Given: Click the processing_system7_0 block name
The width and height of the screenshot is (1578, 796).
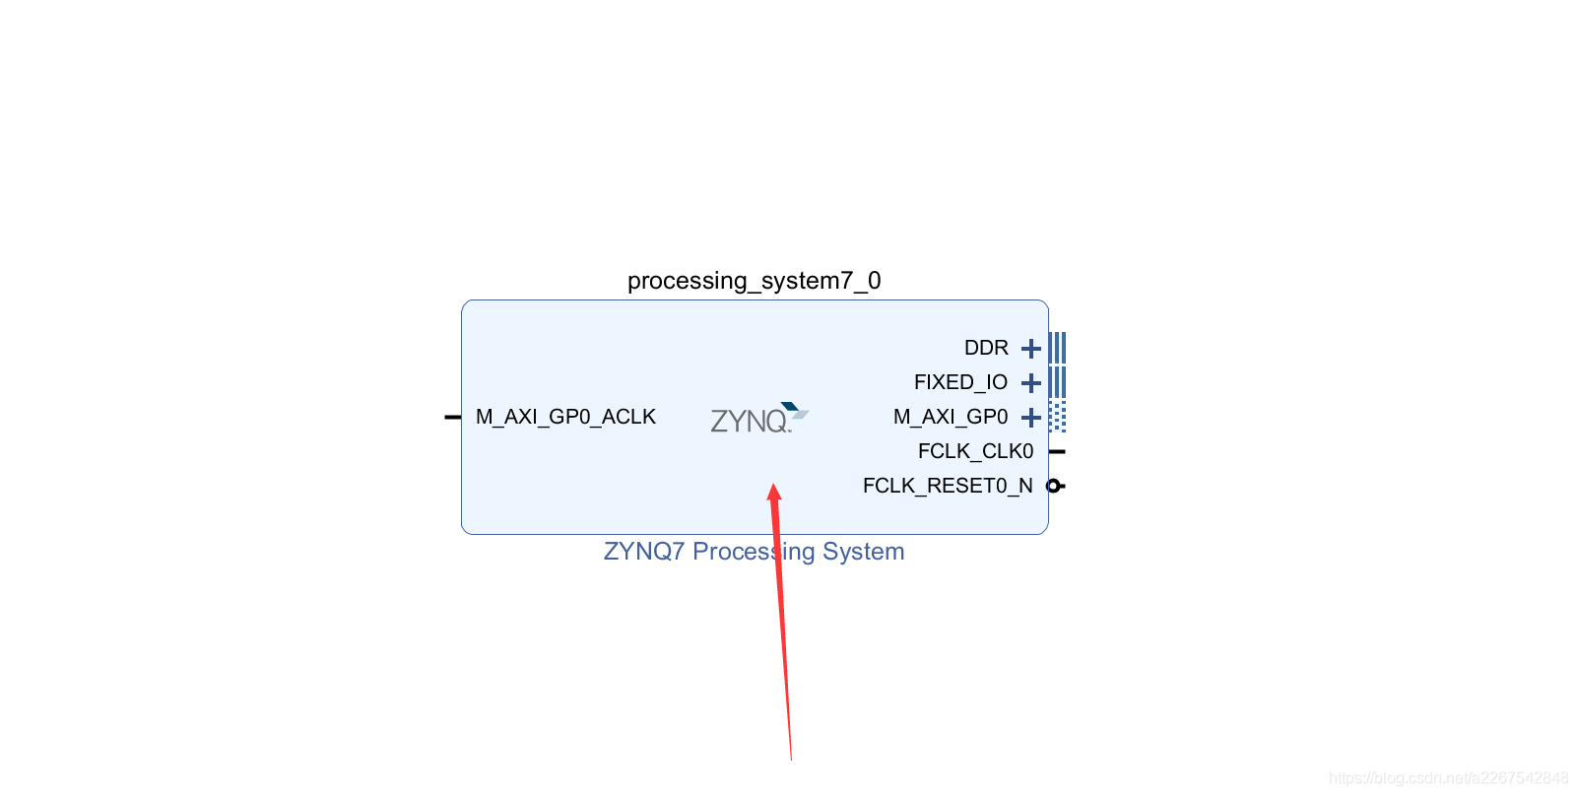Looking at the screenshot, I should pos(754,281).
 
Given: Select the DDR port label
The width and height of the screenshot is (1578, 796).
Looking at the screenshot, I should pos(986,348).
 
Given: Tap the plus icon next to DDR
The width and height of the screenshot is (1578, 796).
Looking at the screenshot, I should pos(1031,349).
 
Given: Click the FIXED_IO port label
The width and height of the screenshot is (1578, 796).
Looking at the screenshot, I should pos(960,382).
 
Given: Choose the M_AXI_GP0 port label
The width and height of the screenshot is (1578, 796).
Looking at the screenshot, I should pos(951,417).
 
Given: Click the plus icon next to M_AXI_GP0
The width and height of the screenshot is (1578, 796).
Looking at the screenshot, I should pos(1031,418).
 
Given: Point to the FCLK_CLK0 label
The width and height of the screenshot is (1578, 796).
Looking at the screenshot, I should pos(975,451).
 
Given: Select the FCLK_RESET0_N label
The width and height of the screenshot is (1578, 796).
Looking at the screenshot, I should pos(948,486).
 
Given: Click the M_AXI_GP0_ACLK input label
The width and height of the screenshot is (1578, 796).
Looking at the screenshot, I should pos(565,417).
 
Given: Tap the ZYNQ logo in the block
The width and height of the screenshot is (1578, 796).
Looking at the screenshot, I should pos(758,419).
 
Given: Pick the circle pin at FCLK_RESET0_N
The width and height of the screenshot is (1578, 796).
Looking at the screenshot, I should pos(1053,486).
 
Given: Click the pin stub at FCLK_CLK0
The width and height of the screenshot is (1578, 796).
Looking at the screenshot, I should pos(1057,451).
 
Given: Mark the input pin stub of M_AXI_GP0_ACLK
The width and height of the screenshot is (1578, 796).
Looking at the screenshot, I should pos(453,417).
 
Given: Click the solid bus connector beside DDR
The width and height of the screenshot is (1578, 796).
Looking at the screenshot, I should pos(1057,348).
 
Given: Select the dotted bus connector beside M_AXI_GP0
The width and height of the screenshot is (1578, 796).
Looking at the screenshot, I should pos(1057,417).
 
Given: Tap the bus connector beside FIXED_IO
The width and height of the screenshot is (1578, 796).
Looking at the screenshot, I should pos(1057,382).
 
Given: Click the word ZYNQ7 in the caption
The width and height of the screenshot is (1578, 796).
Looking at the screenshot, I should pos(643,552).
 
